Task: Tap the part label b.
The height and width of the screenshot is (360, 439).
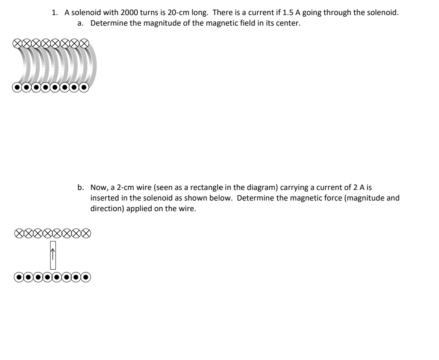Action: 80,188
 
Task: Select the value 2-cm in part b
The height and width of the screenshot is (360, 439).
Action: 120,188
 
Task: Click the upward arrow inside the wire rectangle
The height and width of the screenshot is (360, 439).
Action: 52,255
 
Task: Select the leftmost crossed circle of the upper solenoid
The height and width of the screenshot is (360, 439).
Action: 17,42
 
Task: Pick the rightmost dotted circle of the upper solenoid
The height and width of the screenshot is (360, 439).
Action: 84,87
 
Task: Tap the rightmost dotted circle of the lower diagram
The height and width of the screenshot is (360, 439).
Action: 86,278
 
